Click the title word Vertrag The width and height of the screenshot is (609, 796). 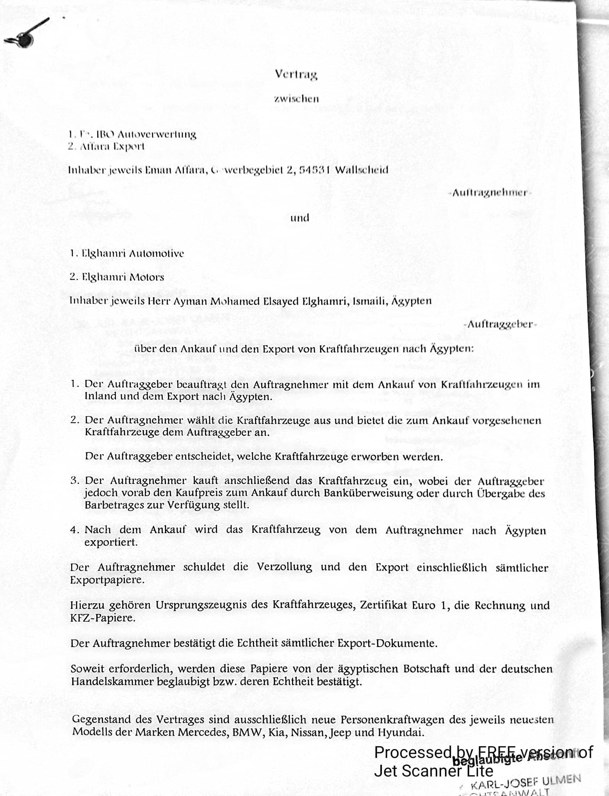(x=296, y=74)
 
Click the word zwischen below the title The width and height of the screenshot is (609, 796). (x=296, y=99)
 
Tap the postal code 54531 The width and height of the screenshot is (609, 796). (x=315, y=170)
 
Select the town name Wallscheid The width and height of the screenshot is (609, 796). (x=361, y=170)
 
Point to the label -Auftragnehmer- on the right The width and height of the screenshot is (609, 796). (x=490, y=193)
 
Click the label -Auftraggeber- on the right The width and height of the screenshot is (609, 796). (x=500, y=324)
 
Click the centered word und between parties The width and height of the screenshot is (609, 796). (x=299, y=218)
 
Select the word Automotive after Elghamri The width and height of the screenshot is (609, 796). (x=156, y=254)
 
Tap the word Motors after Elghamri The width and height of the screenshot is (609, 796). (x=147, y=277)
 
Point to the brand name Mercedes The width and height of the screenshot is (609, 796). (x=203, y=732)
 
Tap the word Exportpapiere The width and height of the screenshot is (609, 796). (x=107, y=580)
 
